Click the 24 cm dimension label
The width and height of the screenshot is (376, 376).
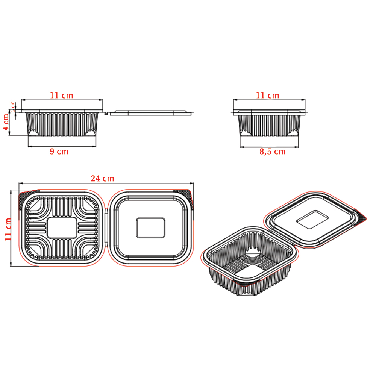[x=102, y=178]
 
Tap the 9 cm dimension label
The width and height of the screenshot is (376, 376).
[x=59, y=151]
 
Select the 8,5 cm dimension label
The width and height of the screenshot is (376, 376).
[x=273, y=152]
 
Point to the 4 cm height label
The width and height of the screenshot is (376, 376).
[x=6, y=122]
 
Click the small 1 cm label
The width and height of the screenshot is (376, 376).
[x=12, y=106]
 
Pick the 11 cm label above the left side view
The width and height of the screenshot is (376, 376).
[x=61, y=96]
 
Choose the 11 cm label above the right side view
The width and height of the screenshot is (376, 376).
[x=268, y=96]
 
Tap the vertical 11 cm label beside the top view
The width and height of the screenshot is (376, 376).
[x=8, y=229]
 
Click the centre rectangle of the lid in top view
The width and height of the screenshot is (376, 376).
[x=151, y=228]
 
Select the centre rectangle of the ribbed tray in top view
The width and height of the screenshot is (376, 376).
[x=62, y=228]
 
